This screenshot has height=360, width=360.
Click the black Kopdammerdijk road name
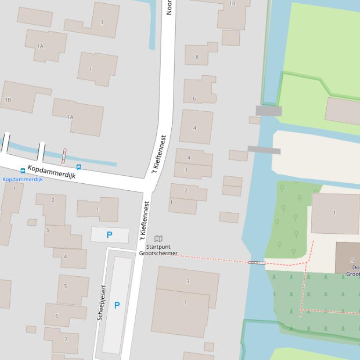pos(51,172)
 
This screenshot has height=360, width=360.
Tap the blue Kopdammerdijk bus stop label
pos(22,179)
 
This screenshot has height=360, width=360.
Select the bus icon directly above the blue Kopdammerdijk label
pos(22,171)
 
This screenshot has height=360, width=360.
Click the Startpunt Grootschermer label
pos(158,250)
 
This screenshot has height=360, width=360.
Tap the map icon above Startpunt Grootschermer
pos(158,239)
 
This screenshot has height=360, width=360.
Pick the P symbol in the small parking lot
pos(110,235)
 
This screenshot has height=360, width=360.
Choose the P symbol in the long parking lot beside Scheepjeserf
pos(117,305)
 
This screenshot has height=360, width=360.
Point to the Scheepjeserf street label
pos(102,302)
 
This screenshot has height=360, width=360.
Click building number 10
pos(232,4)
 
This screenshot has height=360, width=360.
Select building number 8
pos(197,57)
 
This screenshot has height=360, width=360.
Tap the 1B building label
pos(7,100)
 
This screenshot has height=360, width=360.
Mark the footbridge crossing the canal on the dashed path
pos(257,263)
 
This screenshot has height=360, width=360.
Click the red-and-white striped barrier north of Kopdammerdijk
pos(64,156)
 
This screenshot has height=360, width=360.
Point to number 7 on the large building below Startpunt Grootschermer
pos(185,302)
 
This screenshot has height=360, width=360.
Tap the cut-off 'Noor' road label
pos(169,7)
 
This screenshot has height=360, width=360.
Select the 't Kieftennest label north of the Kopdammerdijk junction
pos(159,155)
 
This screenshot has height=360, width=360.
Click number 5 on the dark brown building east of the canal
pos(353,260)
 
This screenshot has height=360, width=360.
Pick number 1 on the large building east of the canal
pos(334,213)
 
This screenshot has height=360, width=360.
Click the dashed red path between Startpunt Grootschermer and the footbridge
pos(213,259)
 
